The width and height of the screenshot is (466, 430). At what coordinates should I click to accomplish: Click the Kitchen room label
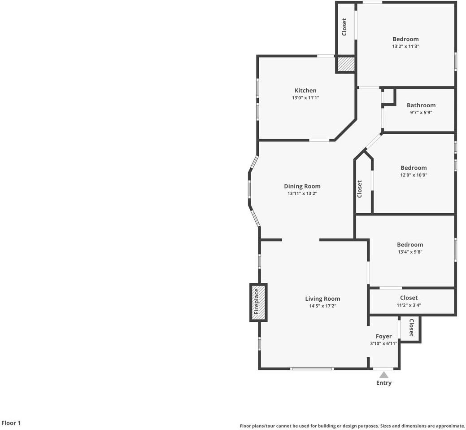tap(305, 90)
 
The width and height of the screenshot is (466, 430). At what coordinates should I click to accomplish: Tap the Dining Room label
tap(302, 186)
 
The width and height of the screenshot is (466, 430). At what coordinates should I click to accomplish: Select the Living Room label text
tap(322, 298)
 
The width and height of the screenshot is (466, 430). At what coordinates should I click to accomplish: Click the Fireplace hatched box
tap(258, 303)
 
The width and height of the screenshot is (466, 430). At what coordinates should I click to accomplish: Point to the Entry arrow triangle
tap(383, 374)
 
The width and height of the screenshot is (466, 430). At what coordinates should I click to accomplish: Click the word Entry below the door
tap(383, 383)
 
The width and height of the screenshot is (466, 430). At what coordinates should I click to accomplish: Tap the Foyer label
tap(383, 336)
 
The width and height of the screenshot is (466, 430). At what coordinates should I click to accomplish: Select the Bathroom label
tap(421, 105)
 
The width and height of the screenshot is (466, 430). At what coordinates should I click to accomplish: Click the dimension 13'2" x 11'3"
tap(405, 46)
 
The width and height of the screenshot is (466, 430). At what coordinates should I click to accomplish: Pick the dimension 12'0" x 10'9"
tap(414, 175)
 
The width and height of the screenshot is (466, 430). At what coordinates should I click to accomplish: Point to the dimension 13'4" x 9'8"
tap(409, 252)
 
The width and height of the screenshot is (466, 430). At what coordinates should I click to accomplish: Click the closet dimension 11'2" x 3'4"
tap(409, 305)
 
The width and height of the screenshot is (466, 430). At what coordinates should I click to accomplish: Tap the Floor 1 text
tap(11, 423)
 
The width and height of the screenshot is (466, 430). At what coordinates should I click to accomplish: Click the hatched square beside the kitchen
tap(346, 64)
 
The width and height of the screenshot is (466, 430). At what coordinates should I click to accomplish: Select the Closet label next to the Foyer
tap(411, 328)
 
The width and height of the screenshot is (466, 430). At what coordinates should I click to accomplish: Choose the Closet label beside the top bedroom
tap(344, 27)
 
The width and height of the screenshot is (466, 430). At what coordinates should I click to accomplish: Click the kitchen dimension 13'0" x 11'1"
tap(305, 97)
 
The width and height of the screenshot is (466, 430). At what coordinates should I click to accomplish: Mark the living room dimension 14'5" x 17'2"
tap(322, 306)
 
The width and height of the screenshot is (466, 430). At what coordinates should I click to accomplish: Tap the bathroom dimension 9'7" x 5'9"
tap(421, 112)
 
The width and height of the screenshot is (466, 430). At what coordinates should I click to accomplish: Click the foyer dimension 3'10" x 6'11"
tap(383, 343)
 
